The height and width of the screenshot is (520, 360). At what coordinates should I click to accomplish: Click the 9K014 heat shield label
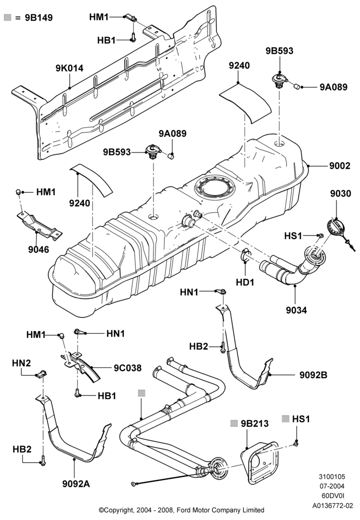tap(69, 68)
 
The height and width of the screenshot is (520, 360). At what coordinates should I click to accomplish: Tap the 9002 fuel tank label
tap(339, 165)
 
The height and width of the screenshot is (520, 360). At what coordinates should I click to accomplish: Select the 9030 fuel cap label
tap(340, 193)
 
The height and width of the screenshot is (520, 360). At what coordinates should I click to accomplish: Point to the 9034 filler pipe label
tap(297, 310)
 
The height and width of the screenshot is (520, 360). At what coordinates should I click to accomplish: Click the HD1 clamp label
tap(245, 282)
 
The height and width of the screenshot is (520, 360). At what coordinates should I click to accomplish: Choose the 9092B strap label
tap(313, 375)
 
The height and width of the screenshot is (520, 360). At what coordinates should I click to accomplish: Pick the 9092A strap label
tap(76, 484)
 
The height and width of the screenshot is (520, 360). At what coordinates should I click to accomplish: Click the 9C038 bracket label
tap(127, 368)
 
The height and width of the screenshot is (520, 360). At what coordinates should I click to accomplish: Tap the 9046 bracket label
tap(38, 249)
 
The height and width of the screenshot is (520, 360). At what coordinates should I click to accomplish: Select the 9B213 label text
tap(254, 423)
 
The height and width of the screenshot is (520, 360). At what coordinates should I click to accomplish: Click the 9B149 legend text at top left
tap(39, 18)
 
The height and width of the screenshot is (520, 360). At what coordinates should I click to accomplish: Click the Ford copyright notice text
tap(182, 510)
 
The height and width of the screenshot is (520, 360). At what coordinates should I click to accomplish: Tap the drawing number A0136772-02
tap(332, 506)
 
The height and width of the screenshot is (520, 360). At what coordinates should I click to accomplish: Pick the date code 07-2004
tap(332, 487)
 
